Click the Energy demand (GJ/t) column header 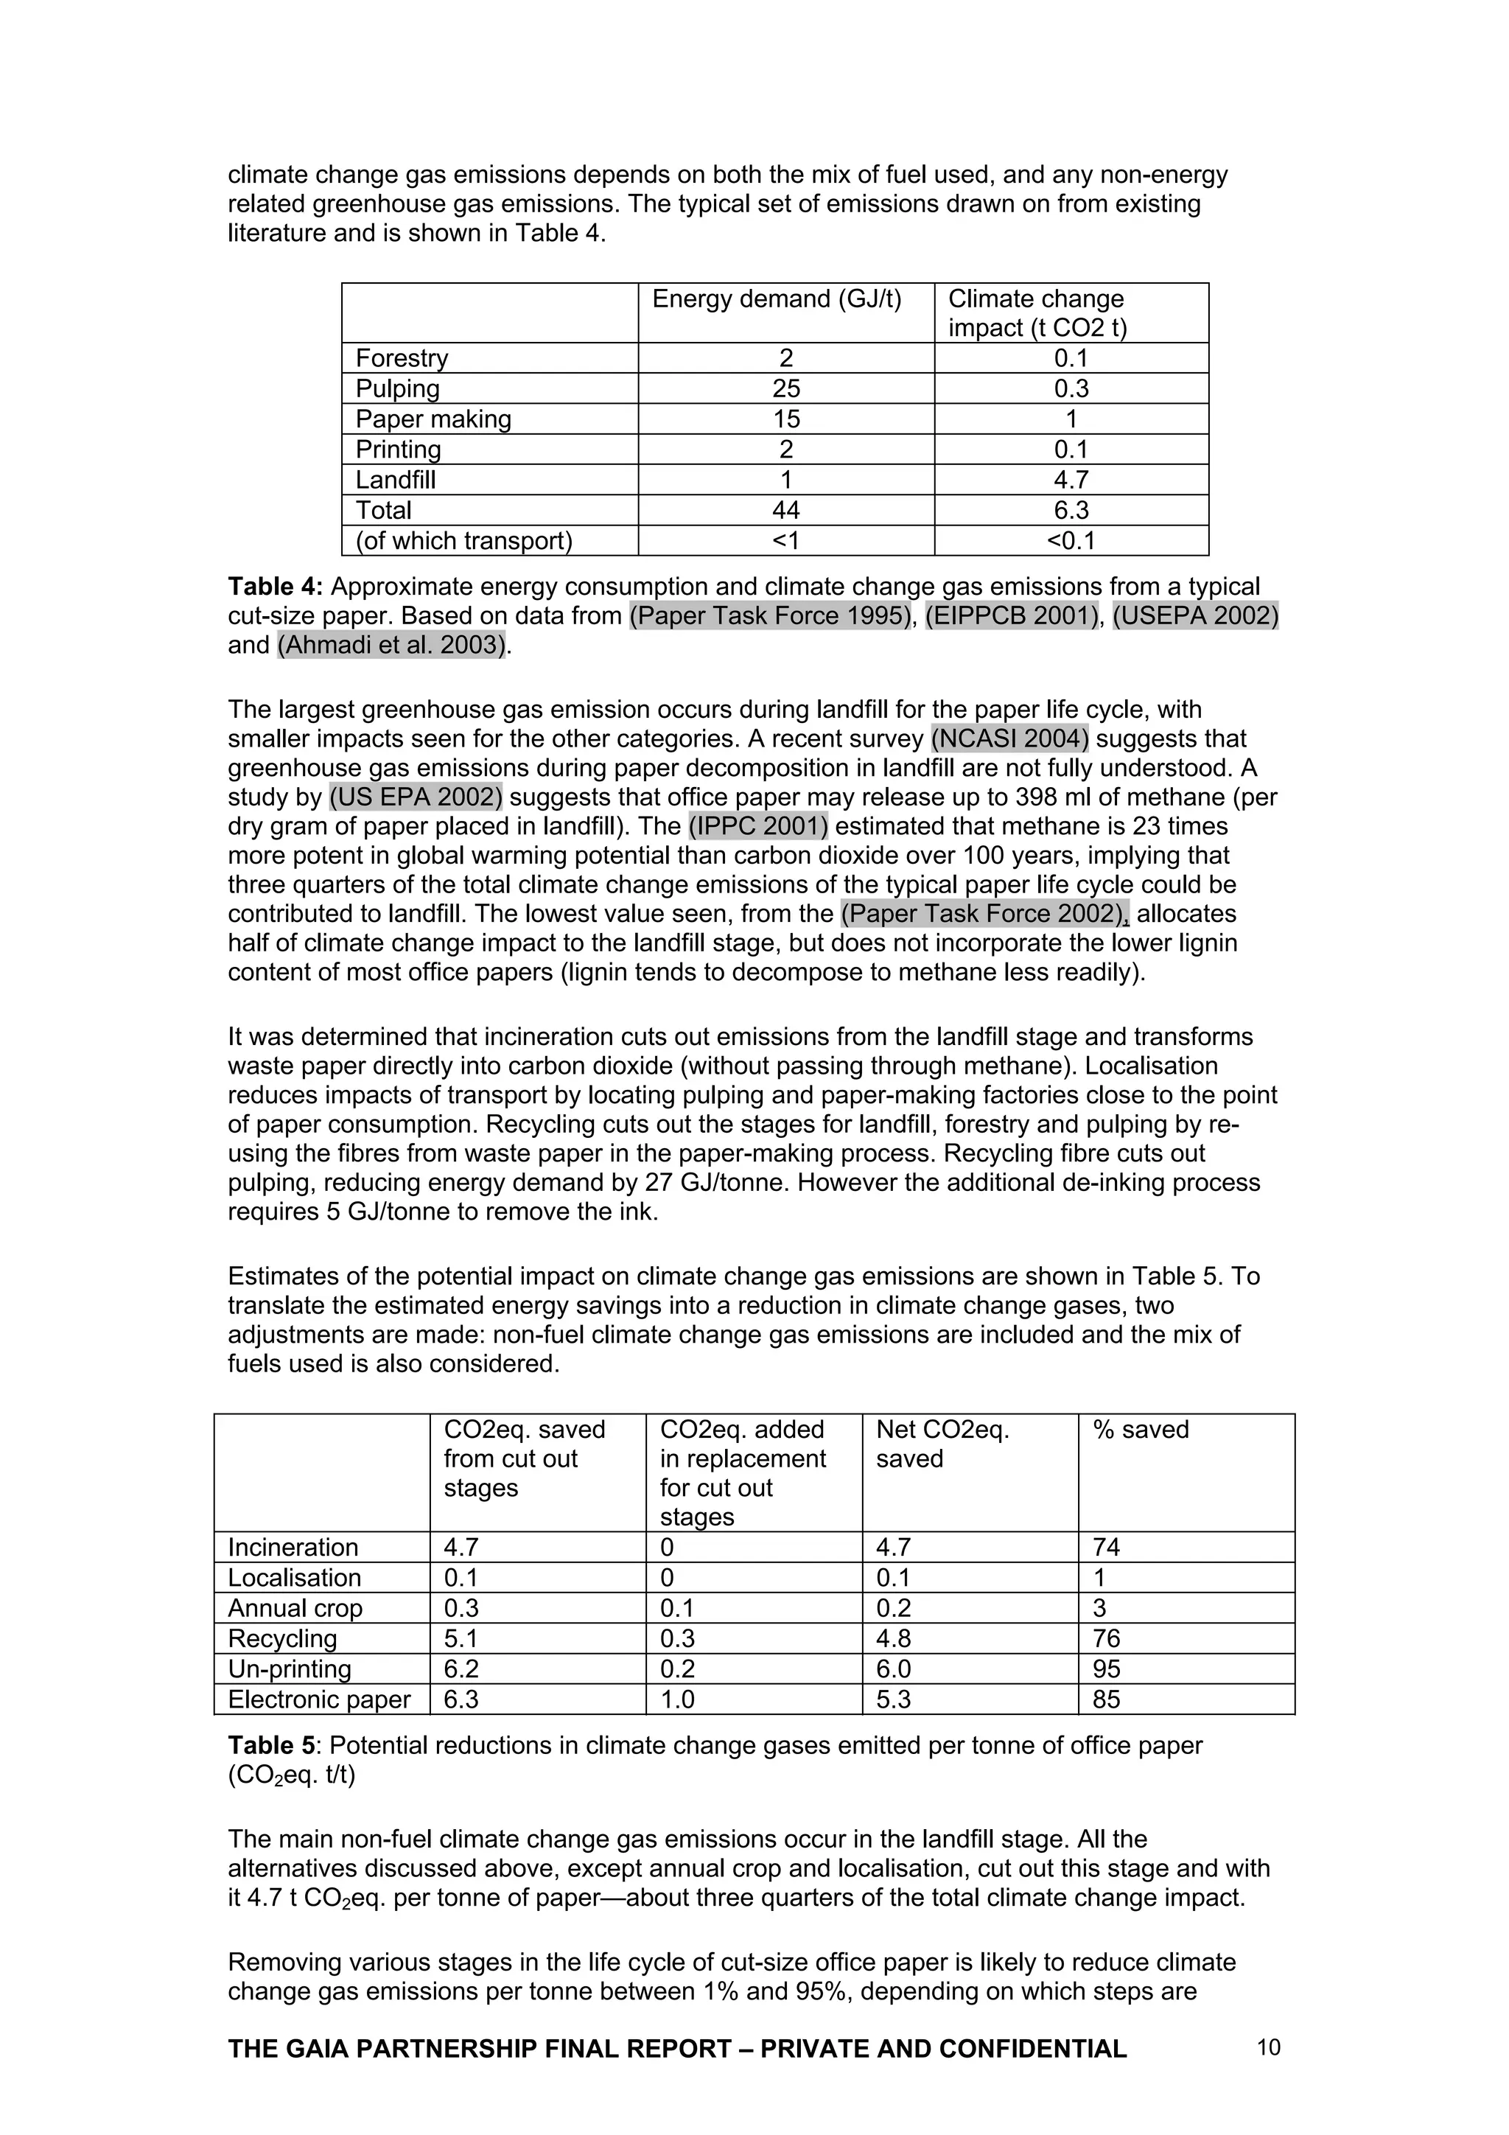pos(777,299)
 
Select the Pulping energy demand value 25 pos(785,388)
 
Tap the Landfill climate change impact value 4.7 pos(1071,480)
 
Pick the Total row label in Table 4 pos(384,511)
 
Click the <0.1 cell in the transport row pos(1071,541)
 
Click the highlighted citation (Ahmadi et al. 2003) pos(391,646)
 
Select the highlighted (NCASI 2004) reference pos(1009,739)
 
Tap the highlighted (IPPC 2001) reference pos(757,827)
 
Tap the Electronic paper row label pos(319,1699)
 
